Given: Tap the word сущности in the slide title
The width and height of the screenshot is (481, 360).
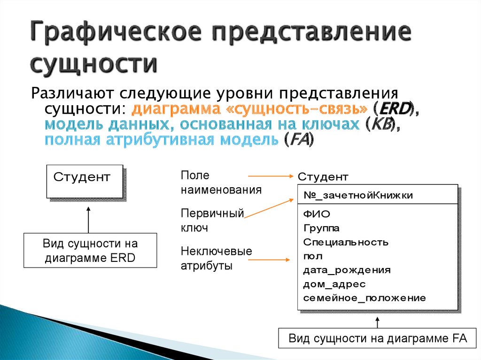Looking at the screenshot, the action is pyautogui.click(x=93, y=64).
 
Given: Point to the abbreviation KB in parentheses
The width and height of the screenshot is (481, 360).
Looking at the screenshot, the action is pyautogui.click(x=382, y=124).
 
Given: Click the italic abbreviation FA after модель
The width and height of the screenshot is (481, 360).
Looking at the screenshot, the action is pyautogui.click(x=299, y=139).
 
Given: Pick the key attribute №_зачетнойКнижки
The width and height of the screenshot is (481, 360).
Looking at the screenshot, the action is pyautogui.click(x=358, y=195).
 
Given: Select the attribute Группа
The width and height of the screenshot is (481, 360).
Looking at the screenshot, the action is pyautogui.click(x=321, y=228).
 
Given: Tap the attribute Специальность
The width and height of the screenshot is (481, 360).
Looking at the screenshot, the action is pyautogui.click(x=346, y=242).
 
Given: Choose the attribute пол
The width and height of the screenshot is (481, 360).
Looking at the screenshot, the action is pyautogui.click(x=312, y=256).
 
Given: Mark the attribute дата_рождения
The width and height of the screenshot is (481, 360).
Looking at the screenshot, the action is pyautogui.click(x=347, y=270).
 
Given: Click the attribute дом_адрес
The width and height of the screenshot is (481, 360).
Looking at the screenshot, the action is pyautogui.click(x=334, y=284).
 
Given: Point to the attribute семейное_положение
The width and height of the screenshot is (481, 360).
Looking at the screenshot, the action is pyautogui.click(x=365, y=298).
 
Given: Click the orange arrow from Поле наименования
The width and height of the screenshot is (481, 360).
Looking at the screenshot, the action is pyautogui.click(x=271, y=176).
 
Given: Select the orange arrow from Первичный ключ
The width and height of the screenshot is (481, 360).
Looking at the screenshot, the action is pyautogui.click(x=269, y=208).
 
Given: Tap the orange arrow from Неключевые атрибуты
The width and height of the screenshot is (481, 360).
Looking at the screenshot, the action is pyautogui.click(x=269, y=260).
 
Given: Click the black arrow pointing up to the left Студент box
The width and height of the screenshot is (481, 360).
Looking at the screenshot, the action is pyautogui.click(x=88, y=220).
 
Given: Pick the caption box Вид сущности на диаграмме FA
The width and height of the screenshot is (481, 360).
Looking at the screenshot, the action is pyautogui.click(x=377, y=338).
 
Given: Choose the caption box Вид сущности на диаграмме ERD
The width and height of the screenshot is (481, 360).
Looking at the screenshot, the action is pyautogui.click(x=90, y=250).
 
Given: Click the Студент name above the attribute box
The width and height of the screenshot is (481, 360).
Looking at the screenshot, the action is pyautogui.click(x=323, y=177).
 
